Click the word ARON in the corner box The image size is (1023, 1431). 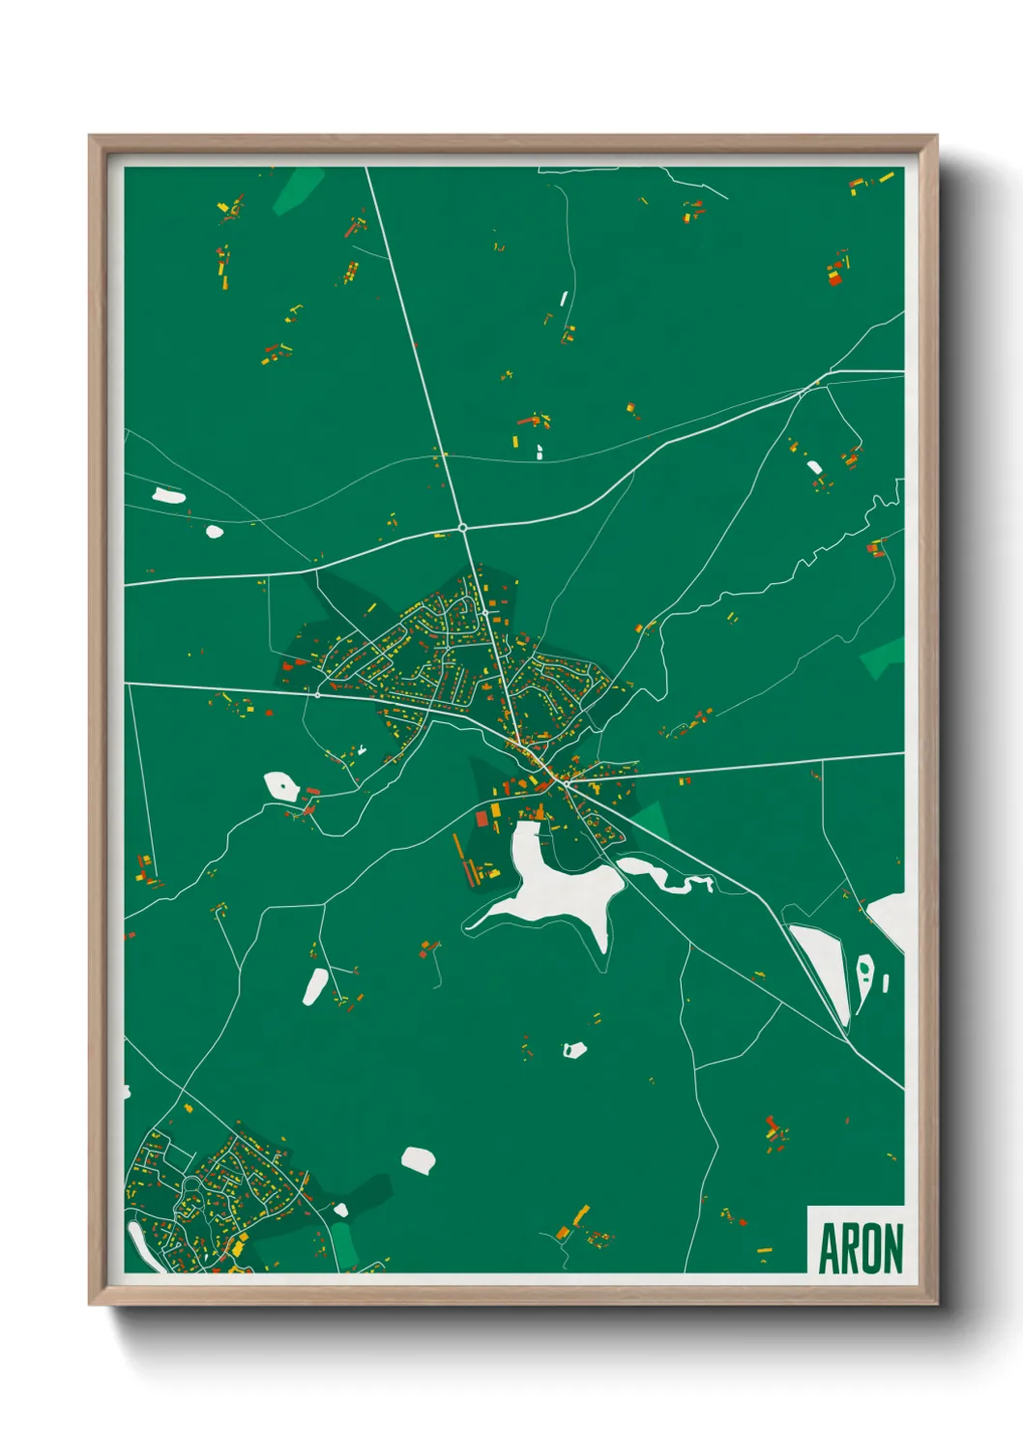coord(861,1248)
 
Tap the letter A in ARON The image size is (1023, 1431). coord(828,1248)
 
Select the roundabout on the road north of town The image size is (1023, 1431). coord(463,528)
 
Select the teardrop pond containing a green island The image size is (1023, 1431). coord(864,972)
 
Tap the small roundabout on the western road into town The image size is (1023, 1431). coord(317,693)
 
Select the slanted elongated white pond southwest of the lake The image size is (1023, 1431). coord(316,985)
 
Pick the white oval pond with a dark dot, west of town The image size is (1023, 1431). coord(281,785)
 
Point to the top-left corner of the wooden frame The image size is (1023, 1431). coord(91,137)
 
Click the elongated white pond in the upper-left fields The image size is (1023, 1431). coord(168,496)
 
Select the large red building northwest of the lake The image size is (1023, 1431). coord(482,819)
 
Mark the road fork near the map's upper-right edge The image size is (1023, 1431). coord(830,372)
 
